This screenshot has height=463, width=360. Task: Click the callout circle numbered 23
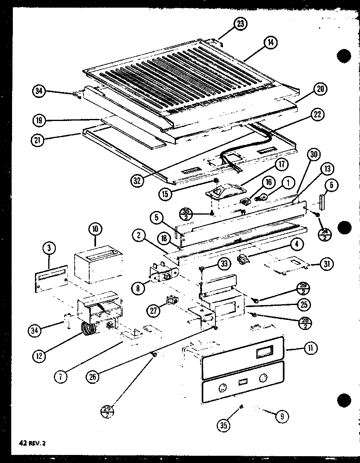click(x=240, y=24)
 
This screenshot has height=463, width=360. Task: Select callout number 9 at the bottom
click(x=282, y=416)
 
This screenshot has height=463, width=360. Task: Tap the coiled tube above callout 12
click(x=89, y=329)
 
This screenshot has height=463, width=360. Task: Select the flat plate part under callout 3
click(x=51, y=280)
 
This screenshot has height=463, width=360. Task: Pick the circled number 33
click(x=224, y=264)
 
